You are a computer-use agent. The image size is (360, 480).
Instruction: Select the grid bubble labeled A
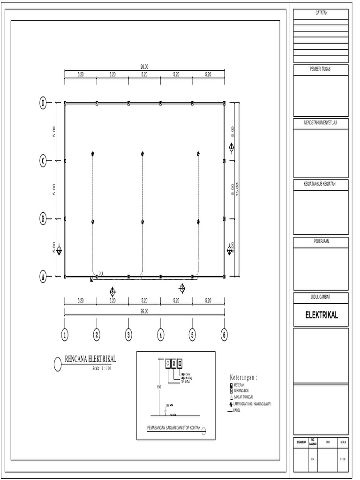click(x=43, y=277)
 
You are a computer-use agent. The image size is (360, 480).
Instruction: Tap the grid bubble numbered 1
click(x=65, y=334)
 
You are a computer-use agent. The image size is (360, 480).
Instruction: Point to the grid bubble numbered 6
click(x=224, y=334)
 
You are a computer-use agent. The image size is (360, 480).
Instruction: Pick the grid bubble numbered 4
click(x=160, y=334)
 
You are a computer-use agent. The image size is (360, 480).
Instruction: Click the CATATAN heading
click(x=321, y=13)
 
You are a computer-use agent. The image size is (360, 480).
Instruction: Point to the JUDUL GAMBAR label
click(x=321, y=296)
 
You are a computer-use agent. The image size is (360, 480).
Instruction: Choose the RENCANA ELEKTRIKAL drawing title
click(x=90, y=359)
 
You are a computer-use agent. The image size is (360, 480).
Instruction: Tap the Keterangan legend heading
click(x=244, y=377)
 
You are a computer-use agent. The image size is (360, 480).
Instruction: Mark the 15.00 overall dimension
click(x=237, y=189)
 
